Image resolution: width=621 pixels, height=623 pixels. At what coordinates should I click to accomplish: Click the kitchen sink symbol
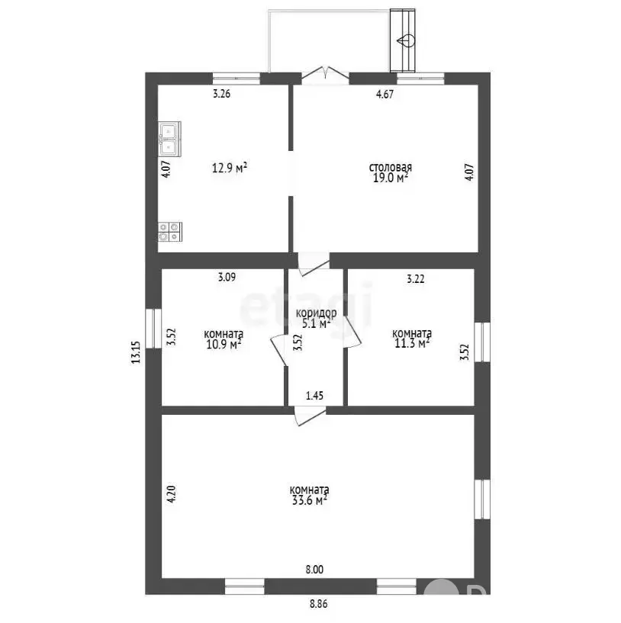170,138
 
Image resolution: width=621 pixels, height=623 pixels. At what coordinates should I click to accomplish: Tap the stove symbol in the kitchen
170,232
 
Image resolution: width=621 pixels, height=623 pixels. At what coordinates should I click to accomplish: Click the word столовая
391,167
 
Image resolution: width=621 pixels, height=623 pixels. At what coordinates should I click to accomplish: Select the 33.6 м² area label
310,500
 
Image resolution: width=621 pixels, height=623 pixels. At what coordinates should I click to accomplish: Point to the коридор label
316,313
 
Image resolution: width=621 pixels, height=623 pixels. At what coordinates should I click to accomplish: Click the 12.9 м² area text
230,168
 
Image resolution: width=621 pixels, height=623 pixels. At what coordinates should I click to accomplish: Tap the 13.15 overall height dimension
136,352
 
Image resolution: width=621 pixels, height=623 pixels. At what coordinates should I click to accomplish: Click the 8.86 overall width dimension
318,604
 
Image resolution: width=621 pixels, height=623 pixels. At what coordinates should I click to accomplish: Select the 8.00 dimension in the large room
314,570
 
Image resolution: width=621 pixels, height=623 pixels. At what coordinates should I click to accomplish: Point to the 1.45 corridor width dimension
314,395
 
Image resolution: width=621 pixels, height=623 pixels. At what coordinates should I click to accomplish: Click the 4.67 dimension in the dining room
385,94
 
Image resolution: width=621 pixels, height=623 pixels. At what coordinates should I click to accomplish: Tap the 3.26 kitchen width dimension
221,94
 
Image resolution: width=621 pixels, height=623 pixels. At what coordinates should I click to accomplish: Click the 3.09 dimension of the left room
227,277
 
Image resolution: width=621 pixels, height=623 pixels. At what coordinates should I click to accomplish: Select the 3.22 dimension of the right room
416,279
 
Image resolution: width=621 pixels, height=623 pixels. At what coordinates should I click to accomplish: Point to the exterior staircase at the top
403,40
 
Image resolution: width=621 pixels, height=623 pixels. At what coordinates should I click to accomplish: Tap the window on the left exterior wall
153,329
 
